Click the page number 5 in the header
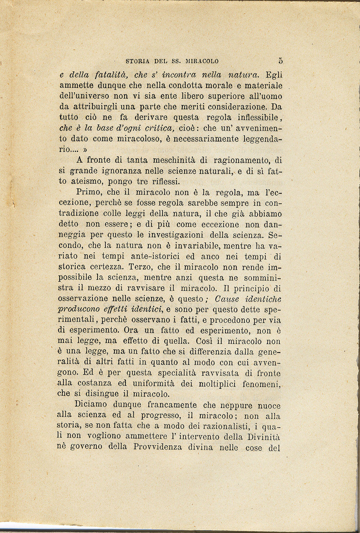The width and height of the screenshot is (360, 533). [280, 61]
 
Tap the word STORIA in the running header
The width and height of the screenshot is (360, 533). [138, 61]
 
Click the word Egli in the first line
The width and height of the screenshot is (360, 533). [274, 74]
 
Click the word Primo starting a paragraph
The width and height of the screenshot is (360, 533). [89, 193]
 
